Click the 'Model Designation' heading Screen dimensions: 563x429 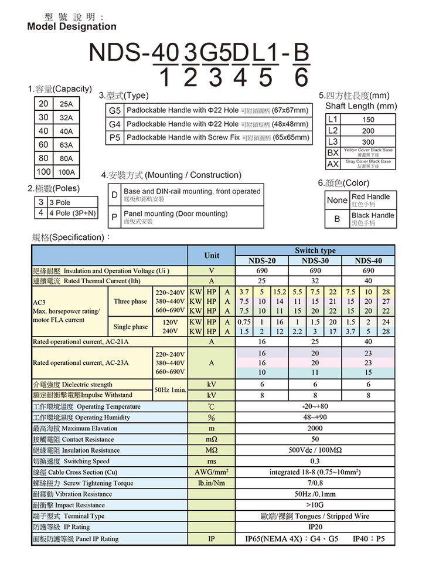coord(71,26)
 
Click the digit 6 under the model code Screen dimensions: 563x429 coord(301,76)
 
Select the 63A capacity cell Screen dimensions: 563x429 coord(66,145)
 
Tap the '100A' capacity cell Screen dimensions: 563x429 coord(66,172)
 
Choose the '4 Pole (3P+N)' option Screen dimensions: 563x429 coord(71,212)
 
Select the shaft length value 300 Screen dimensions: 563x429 coord(367,143)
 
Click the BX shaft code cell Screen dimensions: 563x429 coord(333,152)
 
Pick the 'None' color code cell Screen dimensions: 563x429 coord(337,200)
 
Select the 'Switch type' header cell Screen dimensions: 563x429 coord(316,250)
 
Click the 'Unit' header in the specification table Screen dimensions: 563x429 coord(212,255)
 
